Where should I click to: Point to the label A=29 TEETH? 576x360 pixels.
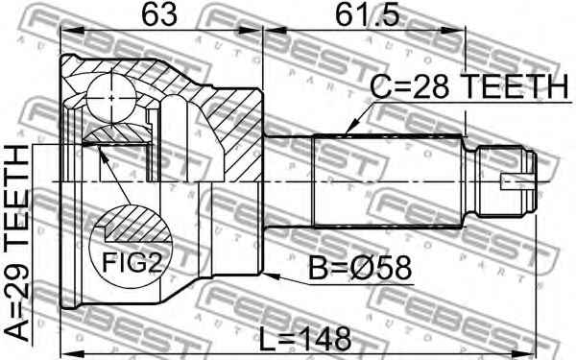click(x=21, y=245)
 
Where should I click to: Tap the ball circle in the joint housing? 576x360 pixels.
click(x=113, y=97)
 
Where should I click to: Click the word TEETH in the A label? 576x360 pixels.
click(x=21, y=211)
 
